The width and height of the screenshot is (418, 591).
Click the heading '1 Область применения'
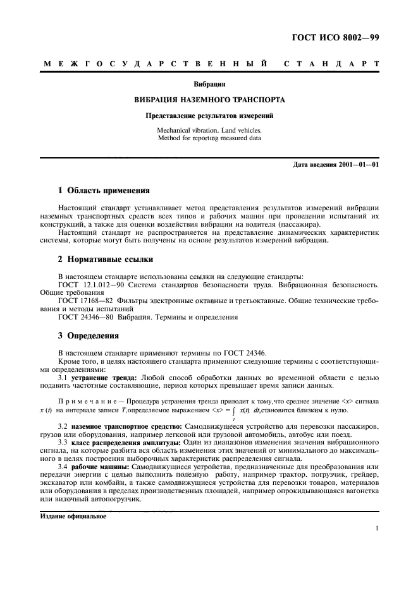pos(104,191)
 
